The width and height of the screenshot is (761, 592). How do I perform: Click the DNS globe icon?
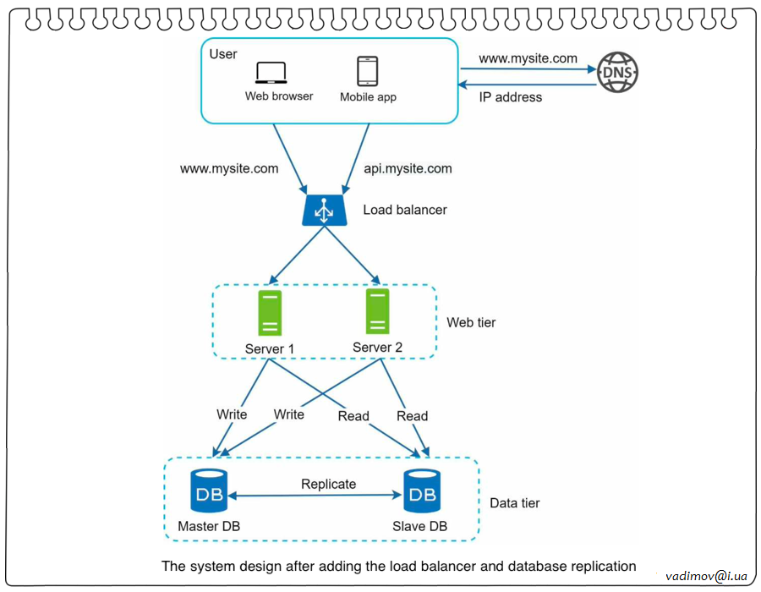click(x=617, y=74)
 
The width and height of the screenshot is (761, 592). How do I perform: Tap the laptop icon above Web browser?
click(x=272, y=73)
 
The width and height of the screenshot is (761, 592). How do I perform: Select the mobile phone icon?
click(x=367, y=71)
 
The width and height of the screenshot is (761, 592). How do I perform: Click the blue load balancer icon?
click(x=323, y=210)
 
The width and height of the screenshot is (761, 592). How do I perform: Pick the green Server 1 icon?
click(x=270, y=313)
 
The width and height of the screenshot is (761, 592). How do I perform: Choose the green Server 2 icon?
click(x=377, y=311)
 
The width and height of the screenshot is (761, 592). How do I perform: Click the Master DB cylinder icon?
click(x=209, y=491)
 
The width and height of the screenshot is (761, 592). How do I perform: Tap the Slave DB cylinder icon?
click(x=422, y=491)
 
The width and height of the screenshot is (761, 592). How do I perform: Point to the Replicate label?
click(x=328, y=484)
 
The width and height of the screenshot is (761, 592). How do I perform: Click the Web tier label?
click(x=471, y=322)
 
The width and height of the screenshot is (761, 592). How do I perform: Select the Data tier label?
click(x=515, y=503)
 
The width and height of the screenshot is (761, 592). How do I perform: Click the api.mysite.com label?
click(x=408, y=168)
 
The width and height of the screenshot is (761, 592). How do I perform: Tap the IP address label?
click(x=511, y=97)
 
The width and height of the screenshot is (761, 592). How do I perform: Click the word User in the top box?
click(x=223, y=54)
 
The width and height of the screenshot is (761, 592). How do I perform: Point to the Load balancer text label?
click(x=405, y=210)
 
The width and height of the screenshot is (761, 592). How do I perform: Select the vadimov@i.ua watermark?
click(x=706, y=576)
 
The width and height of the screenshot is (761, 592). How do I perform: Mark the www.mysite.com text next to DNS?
click(x=528, y=58)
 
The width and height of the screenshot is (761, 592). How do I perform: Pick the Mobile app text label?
click(x=368, y=97)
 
